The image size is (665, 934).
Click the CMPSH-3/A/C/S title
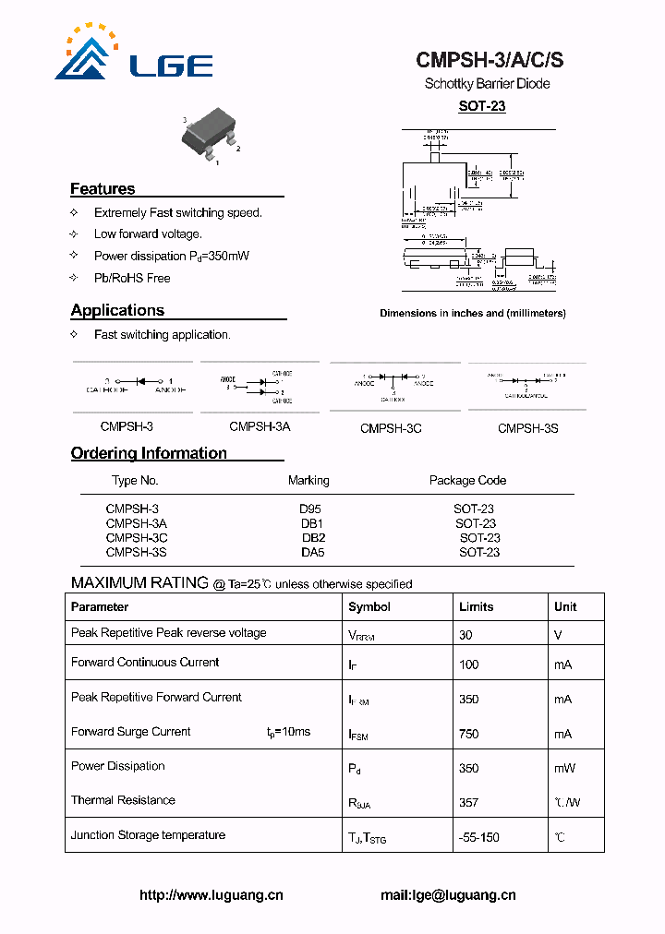(490, 61)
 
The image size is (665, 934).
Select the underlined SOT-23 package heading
(482, 106)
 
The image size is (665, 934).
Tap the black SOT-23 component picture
(209, 139)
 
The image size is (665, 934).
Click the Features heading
(103, 189)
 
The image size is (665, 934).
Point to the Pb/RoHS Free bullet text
(132, 278)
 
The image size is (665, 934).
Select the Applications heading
(117, 311)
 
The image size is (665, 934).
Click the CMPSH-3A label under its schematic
(260, 427)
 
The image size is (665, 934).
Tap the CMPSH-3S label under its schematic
(527, 428)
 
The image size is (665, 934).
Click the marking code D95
(309, 509)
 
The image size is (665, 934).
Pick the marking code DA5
(312, 553)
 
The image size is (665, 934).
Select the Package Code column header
(467, 481)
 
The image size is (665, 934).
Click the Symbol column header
(369, 607)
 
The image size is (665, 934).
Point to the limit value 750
(469, 735)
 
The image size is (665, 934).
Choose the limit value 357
(469, 803)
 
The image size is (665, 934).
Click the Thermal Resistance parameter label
(123, 800)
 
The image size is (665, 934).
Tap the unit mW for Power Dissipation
(564, 769)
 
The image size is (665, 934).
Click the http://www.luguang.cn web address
(212, 895)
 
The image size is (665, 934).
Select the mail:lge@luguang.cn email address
(448, 895)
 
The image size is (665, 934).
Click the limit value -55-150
(479, 838)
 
